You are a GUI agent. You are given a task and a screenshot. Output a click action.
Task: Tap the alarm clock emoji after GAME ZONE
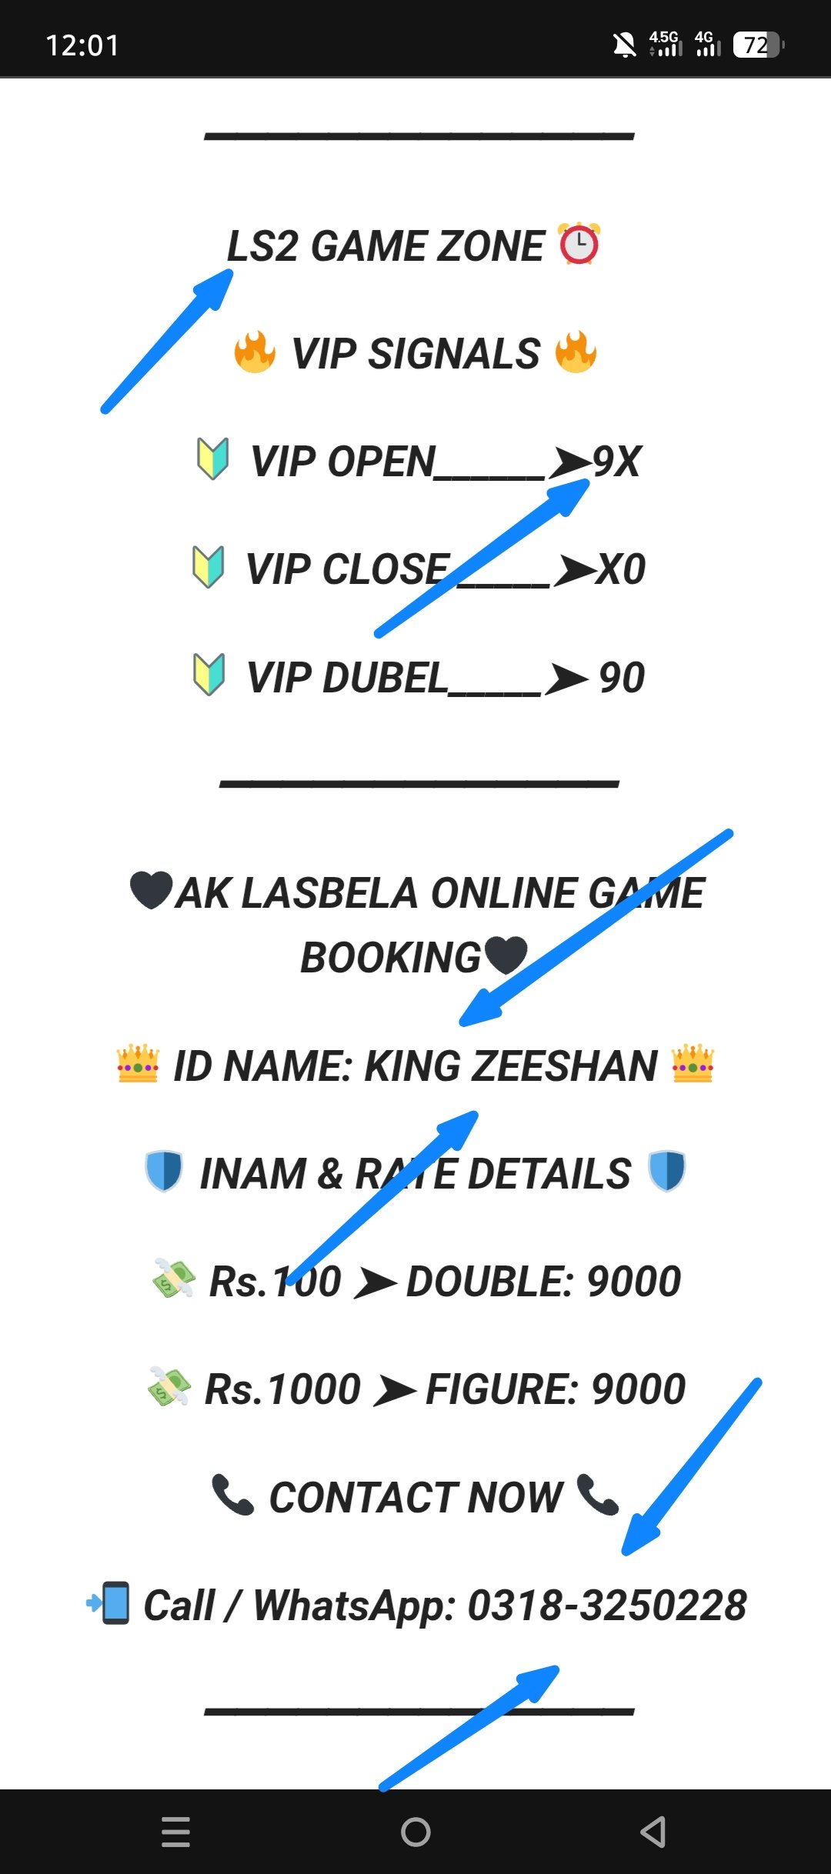579,245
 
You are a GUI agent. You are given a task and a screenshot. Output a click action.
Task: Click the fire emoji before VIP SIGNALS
255,352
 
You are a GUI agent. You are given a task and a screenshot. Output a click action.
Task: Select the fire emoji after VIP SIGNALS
576,352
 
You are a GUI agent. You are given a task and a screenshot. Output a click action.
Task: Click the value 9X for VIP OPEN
617,462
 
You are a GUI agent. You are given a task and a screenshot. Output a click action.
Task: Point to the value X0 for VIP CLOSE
621,569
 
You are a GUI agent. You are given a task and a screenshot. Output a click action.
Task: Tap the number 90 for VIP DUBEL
622,678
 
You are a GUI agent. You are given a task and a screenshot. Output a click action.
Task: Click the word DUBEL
385,678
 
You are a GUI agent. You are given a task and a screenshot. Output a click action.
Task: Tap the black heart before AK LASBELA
151,890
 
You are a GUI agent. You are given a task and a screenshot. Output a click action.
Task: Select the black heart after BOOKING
506,955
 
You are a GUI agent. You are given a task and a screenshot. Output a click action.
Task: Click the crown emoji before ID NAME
138,1064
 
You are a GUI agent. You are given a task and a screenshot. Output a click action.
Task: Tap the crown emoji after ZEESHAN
693,1064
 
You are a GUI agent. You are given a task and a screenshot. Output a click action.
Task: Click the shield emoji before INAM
164,1171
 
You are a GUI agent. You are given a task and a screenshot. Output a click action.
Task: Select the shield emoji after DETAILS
666,1171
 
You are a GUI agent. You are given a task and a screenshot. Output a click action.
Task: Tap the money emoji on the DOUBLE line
174,1279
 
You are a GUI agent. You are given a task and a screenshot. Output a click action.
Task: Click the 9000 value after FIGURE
638,1389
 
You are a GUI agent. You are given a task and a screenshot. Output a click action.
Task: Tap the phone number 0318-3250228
607,1606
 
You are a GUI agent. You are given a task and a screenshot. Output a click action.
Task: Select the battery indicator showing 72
758,45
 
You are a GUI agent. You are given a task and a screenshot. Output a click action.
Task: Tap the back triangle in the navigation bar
653,1832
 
